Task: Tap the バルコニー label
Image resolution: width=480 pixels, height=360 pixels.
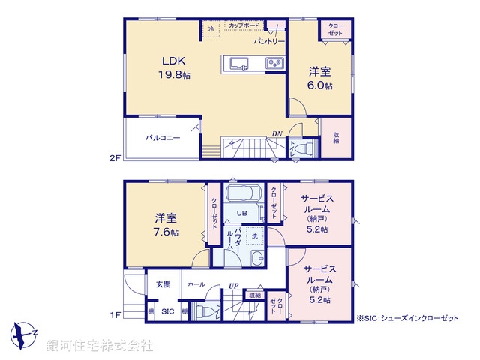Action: pyautogui.click(x=163, y=138)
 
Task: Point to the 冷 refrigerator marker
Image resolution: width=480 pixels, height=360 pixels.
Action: pyautogui.click(x=211, y=29)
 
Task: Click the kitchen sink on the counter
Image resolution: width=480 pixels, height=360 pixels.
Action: pyautogui.click(x=240, y=64)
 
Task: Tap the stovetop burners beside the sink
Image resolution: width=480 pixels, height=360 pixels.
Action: pyautogui.click(x=274, y=64)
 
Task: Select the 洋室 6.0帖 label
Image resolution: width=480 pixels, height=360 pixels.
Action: pyautogui.click(x=321, y=79)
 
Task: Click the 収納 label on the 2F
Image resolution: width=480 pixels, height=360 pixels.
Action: pyautogui.click(x=335, y=137)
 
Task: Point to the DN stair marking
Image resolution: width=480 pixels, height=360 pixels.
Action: pyautogui.click(x=277, y=134)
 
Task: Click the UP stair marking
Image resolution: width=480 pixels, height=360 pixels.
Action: pyautogui.click(x=234, y=286)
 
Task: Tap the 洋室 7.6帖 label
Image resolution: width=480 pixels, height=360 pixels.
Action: pyautogui.click(x=166, y=224)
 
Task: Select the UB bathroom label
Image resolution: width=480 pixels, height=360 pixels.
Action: pyautogui.click(x=244, y=213)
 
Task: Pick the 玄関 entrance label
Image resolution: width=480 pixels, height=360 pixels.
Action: pyautogui.click(x=163, y=284)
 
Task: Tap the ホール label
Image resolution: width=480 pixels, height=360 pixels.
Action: pyautogui.click(x=196, y=284)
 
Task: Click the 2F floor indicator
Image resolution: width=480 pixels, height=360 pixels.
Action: pyautogui.click(x=114, y=158)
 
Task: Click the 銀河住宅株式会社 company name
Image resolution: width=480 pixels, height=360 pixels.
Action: pyautogui.click(x=100, y=346)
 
